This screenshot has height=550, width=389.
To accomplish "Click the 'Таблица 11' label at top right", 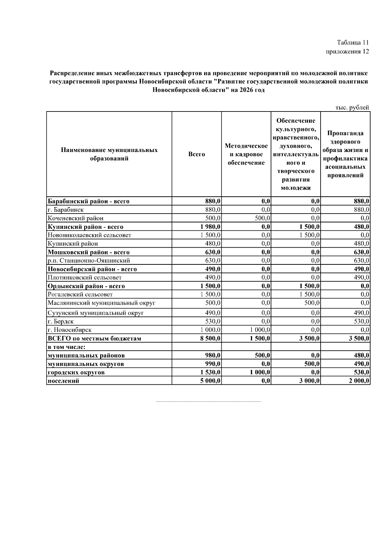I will (353, 42).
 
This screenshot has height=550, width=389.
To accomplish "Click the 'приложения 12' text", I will (347, 52).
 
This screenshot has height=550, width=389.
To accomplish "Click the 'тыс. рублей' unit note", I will (352, 108).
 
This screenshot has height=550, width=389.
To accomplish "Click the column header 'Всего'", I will (196, 154).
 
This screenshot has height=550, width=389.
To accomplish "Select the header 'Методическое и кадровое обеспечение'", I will (246, 154).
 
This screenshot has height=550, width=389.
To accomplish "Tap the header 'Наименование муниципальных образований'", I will (109, 154).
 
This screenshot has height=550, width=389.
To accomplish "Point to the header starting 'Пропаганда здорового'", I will (345, 154).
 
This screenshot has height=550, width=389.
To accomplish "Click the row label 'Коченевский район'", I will (76, 218).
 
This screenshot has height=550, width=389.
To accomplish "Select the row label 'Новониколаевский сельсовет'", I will (89, 235).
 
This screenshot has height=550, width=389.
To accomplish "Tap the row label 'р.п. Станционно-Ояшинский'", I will (89, 260).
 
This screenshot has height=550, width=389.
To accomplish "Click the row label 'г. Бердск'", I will (61, 322).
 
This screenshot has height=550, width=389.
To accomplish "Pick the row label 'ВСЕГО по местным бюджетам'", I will (94, 338).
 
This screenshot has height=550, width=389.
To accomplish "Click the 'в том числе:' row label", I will (66, 347).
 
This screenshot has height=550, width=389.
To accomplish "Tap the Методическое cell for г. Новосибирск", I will (260, 330).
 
